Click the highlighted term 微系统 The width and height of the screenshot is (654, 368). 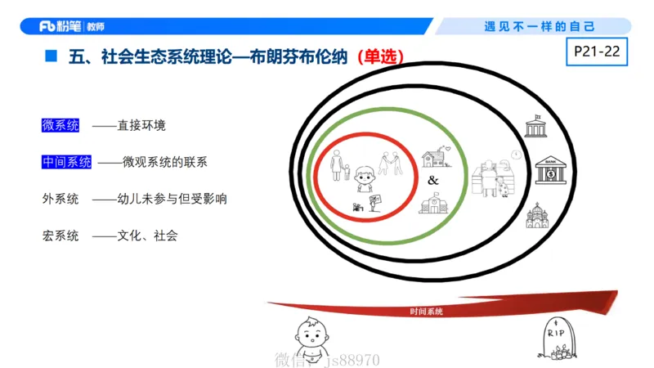(60, 126)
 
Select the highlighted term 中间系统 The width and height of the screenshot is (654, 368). (66, 163)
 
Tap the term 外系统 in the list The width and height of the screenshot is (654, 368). (60, 199)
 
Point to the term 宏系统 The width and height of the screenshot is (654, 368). (60, 236)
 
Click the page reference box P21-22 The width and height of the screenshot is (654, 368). (596, 52)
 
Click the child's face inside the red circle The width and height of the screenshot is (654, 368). (365, 173)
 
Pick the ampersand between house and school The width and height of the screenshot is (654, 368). (433, 180)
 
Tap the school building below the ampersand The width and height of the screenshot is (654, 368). (435, 204)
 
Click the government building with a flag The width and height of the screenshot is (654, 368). (536, 128)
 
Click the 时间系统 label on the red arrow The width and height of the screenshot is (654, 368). (426, 312)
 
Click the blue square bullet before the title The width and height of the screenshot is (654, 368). (51, 58)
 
